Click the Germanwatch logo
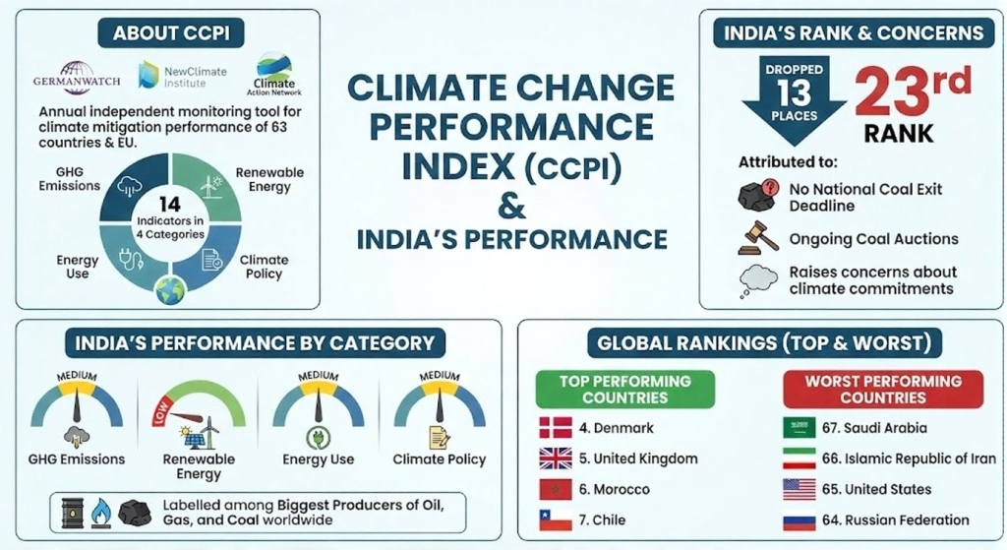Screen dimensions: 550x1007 [76, 75]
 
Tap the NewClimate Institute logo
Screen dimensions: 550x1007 [173, 75]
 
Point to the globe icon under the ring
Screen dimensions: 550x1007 [169, 290]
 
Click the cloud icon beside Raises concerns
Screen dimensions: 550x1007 [757, 280]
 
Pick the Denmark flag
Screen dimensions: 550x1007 [556, 428]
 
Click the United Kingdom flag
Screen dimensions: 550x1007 [556, 458]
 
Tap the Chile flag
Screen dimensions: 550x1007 [556, 519]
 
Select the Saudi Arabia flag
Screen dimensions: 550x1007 [799, 428]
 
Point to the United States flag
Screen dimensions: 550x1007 [799, 489]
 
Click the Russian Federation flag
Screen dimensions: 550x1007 [799, 519]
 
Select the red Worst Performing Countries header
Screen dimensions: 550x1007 [883, 389]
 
